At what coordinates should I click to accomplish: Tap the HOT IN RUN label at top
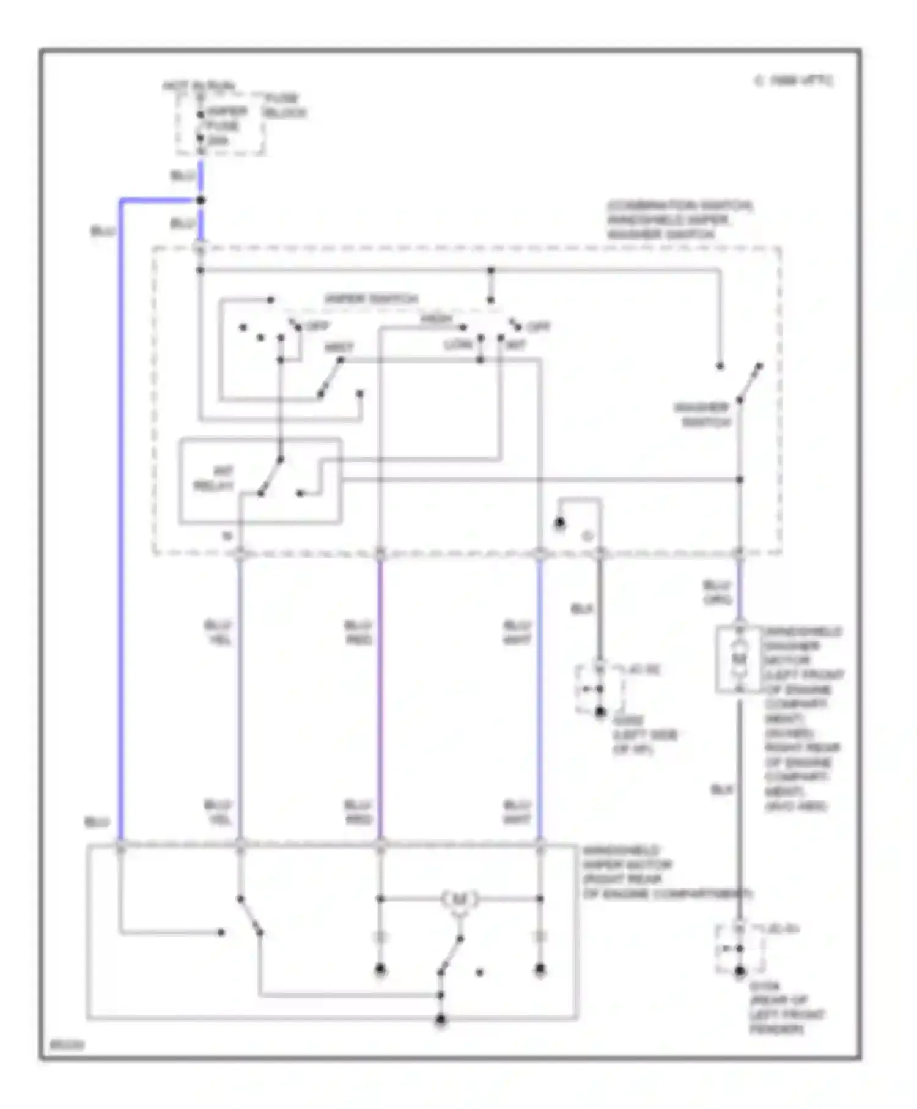click(199, 86)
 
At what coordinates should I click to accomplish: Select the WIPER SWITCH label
click(371, 299)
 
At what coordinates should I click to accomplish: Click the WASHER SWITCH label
click(703, 414)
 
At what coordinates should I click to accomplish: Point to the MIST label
click(339, 347)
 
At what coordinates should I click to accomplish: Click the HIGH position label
click(435, 319)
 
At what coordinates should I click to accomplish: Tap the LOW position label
click(458, 345)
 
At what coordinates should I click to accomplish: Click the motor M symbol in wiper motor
click(458, 899)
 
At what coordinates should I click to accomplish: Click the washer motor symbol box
click(739, 660)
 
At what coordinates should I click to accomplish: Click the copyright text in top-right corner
click(794, 81)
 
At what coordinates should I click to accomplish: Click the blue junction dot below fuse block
click(201, 200)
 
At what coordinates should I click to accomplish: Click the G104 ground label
click(786, 1007)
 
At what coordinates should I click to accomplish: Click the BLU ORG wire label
click(716, 592)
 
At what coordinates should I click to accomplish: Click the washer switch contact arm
click(749, 382)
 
